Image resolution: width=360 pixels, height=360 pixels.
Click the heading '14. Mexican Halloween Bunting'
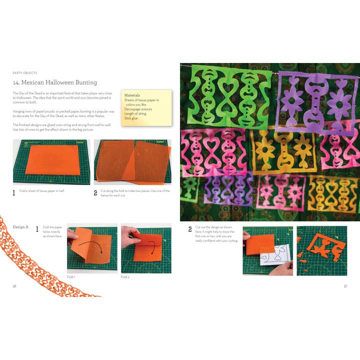(x=55, y=82)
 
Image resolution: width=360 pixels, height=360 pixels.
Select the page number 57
(x=345, y=286)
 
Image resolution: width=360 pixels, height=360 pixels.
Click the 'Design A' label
(x=20, y=227)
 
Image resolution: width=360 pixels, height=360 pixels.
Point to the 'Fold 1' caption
(x=71, y=276)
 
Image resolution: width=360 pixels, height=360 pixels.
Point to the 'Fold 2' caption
(x=125, y=276)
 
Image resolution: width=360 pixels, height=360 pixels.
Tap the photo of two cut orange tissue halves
(x=132, y=161)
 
